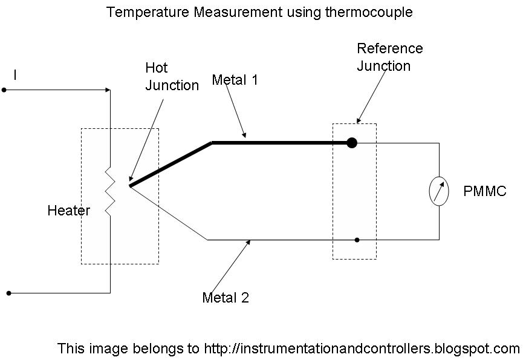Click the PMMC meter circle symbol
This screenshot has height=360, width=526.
click(439, 191)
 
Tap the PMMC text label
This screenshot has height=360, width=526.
click(485, 192)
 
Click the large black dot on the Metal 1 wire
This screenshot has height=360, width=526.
click(352, 143)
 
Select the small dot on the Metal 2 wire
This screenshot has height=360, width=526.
click(357, 240)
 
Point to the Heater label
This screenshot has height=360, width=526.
click(68, 211)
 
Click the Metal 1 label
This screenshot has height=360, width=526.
click(235, 79)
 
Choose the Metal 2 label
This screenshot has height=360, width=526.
click(226, 298)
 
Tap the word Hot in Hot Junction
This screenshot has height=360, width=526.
click(156, 68)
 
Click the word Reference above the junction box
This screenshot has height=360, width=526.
click(389, 48)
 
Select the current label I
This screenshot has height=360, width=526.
click(15, 76)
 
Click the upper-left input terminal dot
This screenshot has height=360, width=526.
click(4, 90)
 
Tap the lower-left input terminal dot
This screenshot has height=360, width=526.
click(8, 293)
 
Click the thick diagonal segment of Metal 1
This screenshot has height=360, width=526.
click(170, 164)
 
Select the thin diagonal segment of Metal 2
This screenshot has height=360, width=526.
click(169, 212)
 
